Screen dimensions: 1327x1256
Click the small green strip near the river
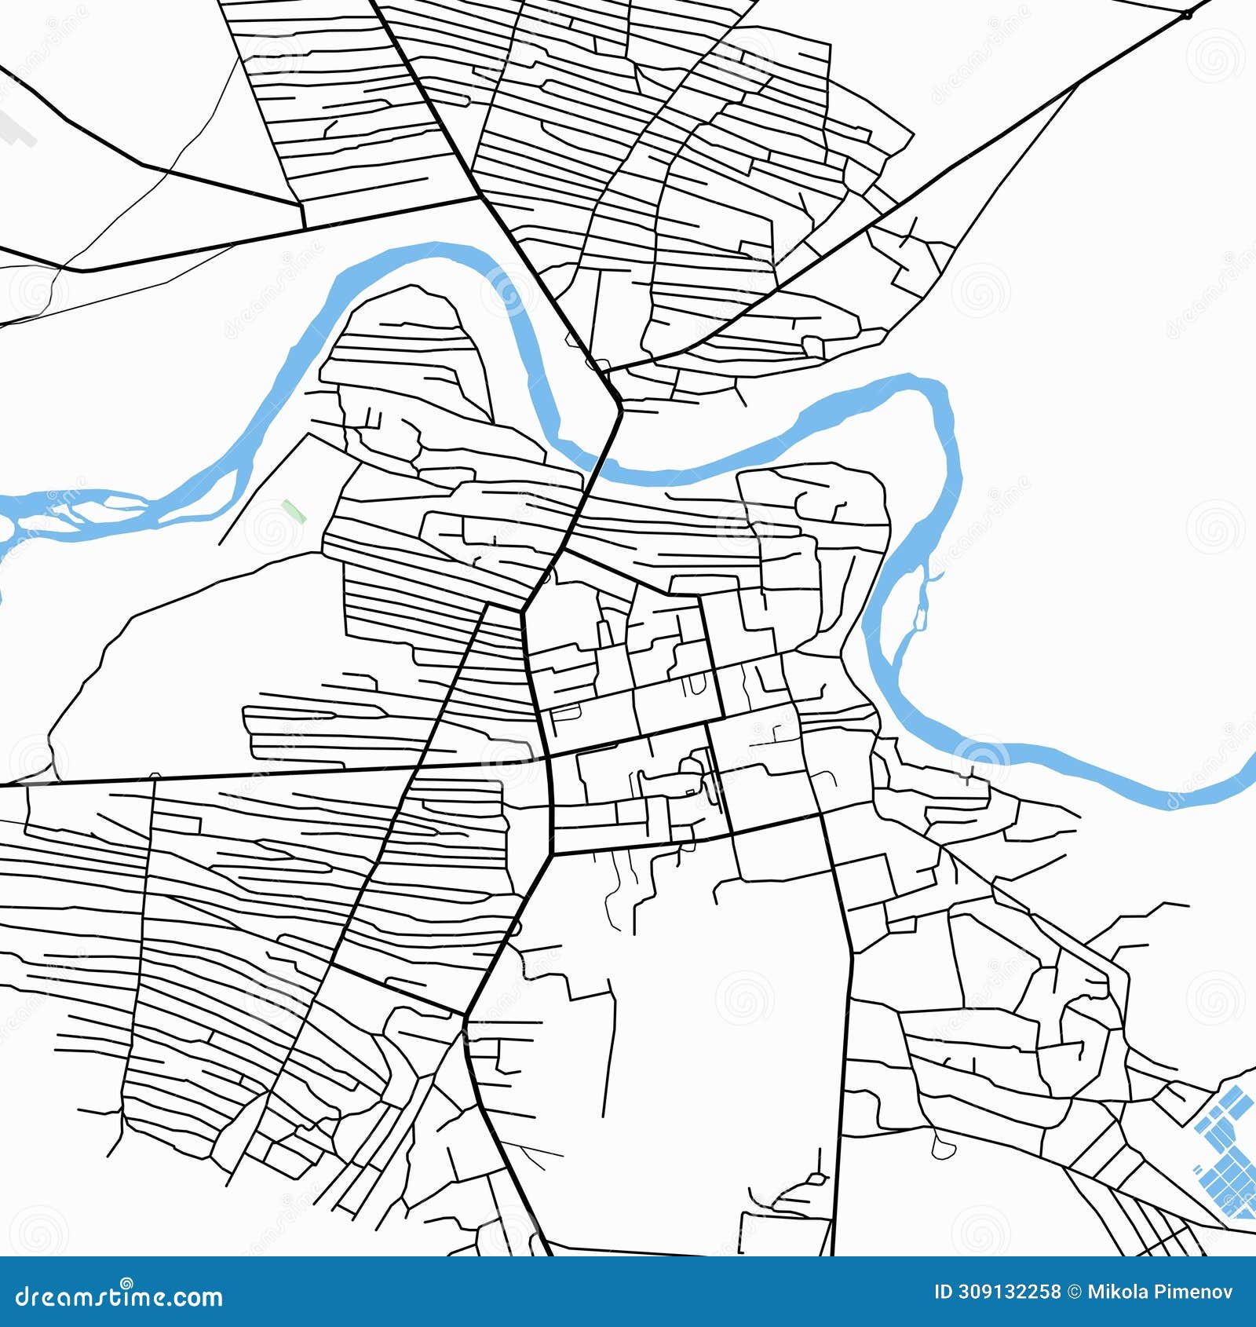pos(294,511)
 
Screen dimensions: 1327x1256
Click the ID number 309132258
pos(1008,1292)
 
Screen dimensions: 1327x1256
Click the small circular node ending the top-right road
pos(1186,15)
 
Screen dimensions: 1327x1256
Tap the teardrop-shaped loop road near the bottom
pos(940,1149)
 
